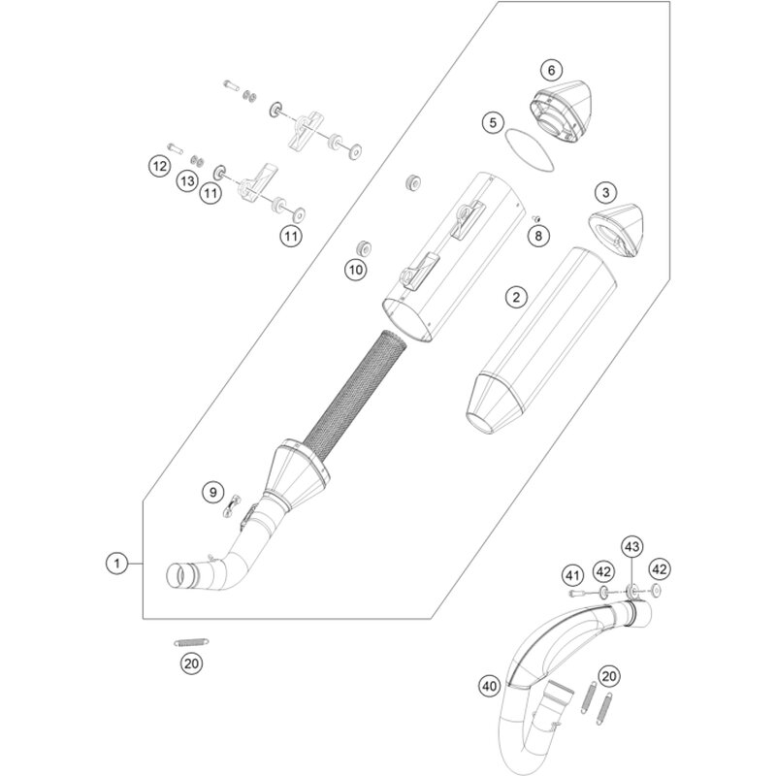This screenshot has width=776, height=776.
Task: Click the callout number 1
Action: point(116,562)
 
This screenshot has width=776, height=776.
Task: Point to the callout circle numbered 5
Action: point(493,122)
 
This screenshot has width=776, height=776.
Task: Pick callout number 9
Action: point(212,494)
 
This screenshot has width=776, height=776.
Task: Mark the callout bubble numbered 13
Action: point(187,181)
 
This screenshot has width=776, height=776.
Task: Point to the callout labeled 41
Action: point(572,574)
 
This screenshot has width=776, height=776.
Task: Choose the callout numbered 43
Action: point(632,547)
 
